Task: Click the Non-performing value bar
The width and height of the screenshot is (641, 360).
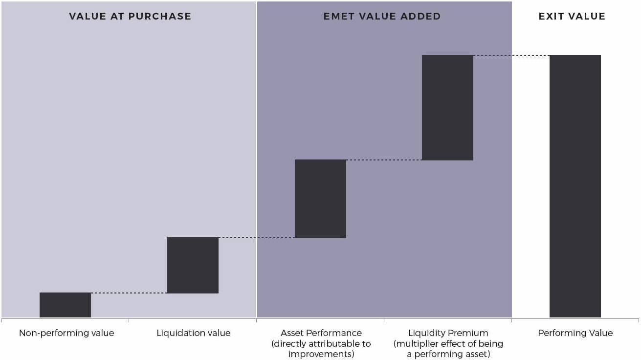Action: pos(65,305)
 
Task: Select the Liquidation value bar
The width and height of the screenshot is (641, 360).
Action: pos(193,265)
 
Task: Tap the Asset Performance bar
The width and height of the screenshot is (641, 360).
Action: pos(320,199)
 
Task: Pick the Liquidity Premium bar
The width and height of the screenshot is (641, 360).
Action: pos(447,108)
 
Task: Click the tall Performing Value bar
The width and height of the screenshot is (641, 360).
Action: pos(575,186)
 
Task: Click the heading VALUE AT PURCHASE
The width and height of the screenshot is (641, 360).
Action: pos(130,16)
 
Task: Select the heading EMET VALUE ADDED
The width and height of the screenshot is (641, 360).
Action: pos(382,16)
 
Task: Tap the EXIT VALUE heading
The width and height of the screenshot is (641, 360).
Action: pos(572,16)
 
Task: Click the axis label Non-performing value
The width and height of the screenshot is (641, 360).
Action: pos(66,333)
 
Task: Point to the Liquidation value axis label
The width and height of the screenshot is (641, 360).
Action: pos(193,333)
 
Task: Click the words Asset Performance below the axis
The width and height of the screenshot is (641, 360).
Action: pos(321,333)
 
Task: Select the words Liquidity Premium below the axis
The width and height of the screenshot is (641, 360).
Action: pos(448,333)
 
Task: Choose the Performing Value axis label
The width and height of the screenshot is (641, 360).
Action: pos(575,333)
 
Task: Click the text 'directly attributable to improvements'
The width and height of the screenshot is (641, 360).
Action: pos(321,349)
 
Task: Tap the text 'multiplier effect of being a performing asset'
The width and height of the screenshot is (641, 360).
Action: pos(448,349)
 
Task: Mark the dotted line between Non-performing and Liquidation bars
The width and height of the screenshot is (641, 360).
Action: pos(129,293)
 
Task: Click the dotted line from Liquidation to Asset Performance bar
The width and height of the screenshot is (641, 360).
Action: pos(257,238)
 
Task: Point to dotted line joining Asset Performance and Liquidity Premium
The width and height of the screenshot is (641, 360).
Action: pos(384,160)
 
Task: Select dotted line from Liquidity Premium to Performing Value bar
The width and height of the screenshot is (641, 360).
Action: pos(511,55)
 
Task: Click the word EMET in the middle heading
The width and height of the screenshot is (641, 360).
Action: pos(337,16)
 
